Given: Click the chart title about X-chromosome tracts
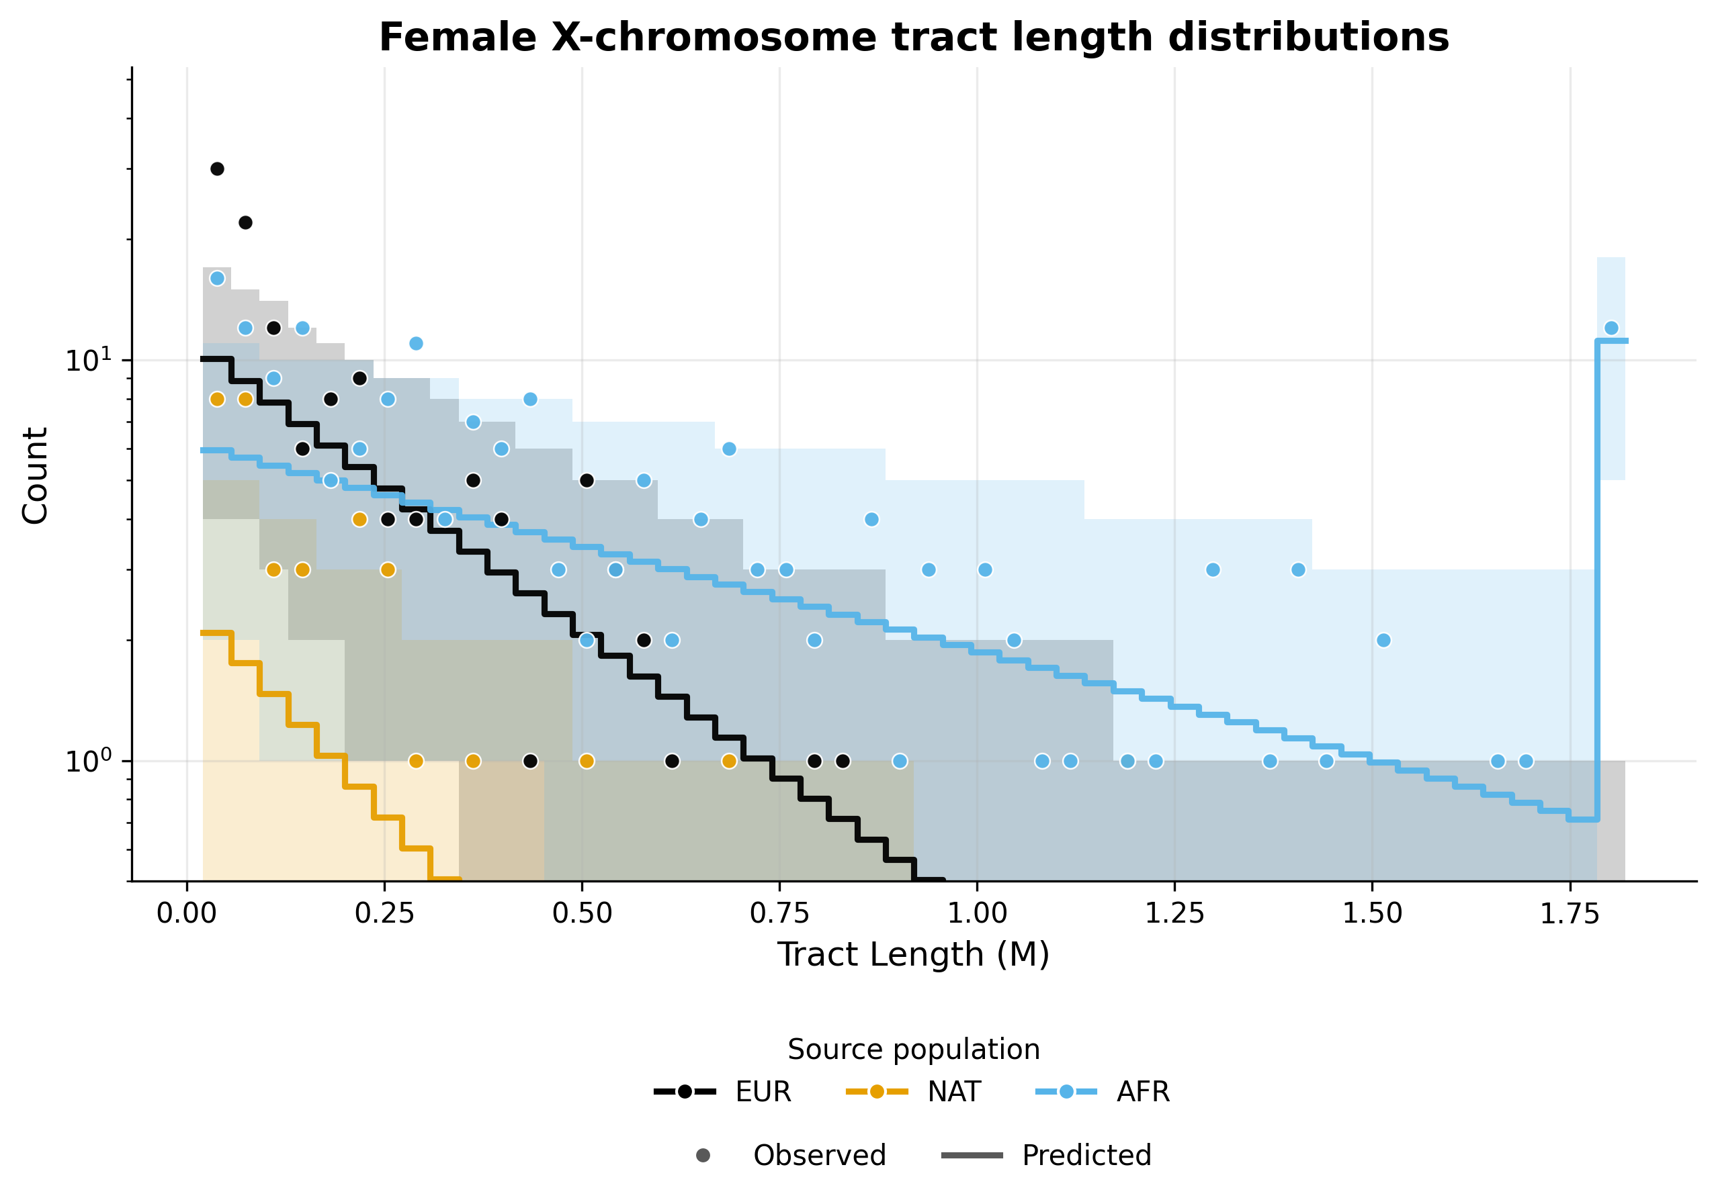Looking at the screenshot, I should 913,38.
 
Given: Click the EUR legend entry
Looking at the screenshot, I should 763,1091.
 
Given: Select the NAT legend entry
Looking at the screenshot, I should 953,1091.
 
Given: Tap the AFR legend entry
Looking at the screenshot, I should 1143,1091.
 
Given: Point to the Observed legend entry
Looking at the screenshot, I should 819,1155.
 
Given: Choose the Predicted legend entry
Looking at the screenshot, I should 1086,1155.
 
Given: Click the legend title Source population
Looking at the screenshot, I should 913,1049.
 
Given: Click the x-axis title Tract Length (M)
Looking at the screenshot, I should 913,955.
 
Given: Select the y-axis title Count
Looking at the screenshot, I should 35,475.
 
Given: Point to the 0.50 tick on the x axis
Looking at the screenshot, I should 583,913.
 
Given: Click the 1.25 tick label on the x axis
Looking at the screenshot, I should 1174,913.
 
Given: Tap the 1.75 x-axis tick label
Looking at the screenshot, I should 1570,913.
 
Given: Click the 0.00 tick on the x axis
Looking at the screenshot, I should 187,913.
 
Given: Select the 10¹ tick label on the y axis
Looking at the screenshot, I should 87,360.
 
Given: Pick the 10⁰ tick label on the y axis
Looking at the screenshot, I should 87,761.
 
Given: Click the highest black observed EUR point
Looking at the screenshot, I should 217,169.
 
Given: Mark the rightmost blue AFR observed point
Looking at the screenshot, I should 1611,328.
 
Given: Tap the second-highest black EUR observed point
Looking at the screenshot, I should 245,223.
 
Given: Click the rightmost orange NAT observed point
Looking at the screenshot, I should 730,761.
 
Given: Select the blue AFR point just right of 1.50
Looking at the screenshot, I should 1383,640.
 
